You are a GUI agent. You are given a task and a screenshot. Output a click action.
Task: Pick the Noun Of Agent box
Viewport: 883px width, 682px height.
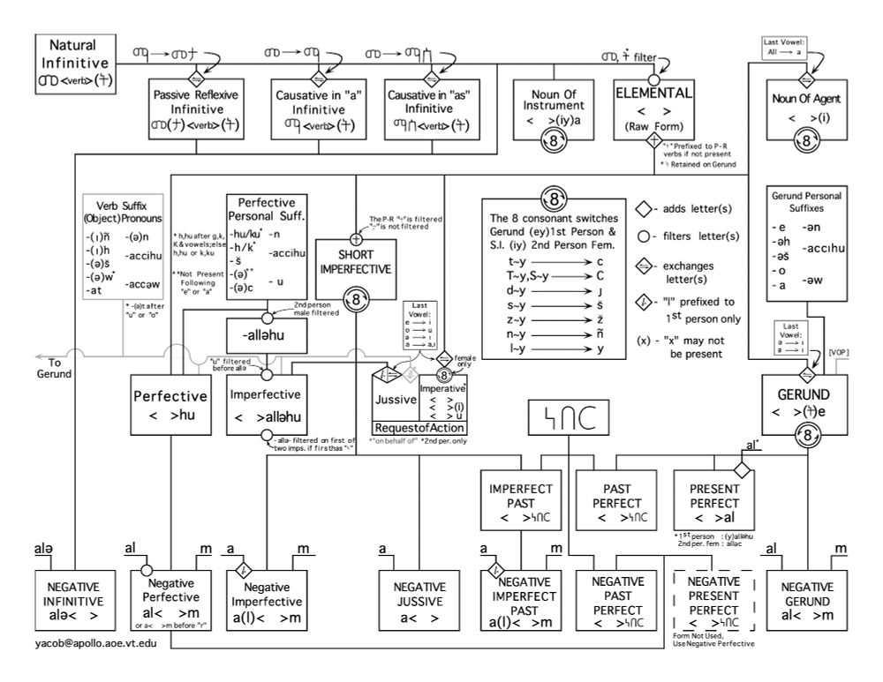[x=801, y=110]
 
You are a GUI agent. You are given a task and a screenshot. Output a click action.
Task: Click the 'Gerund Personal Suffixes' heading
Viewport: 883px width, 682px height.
[x=801, y=198]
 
